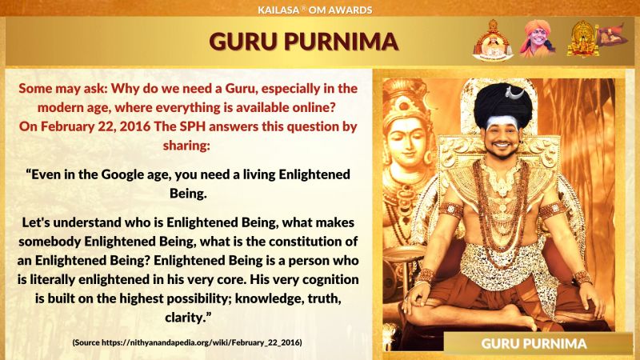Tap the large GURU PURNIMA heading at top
pos(304,42)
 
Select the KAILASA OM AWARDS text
pos(314,10)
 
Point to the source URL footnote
pos(187,342)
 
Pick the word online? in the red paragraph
pos(314,107)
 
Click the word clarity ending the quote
pos(188,318)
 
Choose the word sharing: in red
pos(186,146)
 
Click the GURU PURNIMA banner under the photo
pos(534,343)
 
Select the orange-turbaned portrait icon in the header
pos(537,38)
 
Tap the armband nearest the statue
pos(451,210)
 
